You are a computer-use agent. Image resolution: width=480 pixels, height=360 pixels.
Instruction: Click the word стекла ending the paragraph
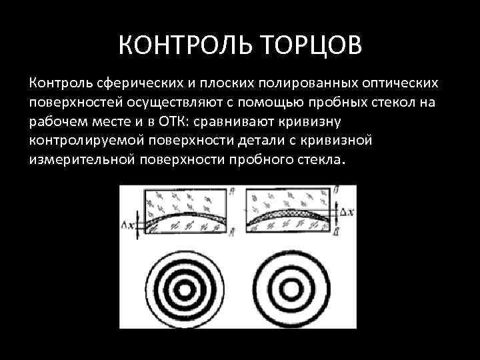319,161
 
